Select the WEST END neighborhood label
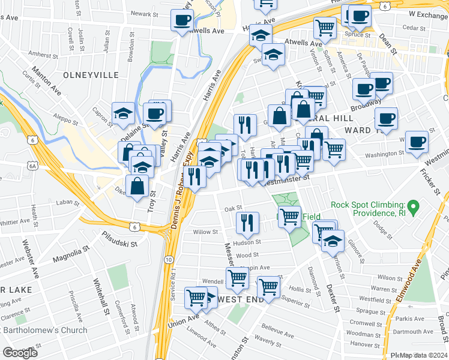tap(241, 299)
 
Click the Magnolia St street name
tap(71, 253)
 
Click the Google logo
tap(20, 353)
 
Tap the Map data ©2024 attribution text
tap(423, 355)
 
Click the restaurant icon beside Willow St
tap(247, 223)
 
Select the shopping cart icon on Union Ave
tap(197, 296)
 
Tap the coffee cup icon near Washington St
tap(416, 142)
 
